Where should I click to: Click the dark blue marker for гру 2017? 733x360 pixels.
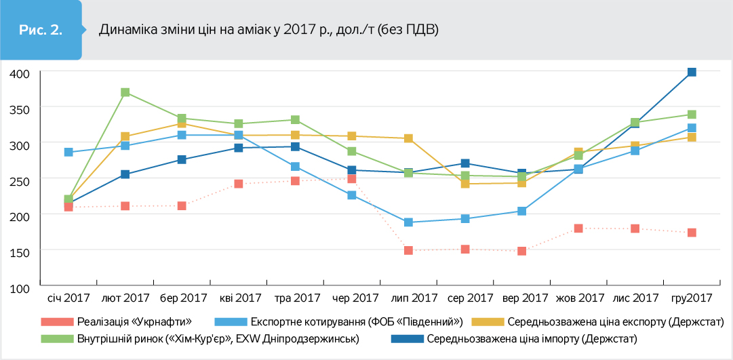[692, 72]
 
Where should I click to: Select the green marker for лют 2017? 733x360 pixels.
[125, 92]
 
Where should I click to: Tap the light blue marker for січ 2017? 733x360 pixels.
[68, 152]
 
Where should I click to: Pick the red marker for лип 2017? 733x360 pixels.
[409, 250]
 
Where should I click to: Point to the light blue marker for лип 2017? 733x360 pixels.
[409, 222]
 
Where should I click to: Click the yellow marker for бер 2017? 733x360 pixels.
[182, 123]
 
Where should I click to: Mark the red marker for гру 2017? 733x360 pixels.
[692, 233]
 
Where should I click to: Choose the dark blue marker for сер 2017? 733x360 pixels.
[465, 163]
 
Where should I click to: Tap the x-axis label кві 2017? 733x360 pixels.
[241, 298]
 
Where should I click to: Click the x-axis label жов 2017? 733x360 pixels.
[580, 298]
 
